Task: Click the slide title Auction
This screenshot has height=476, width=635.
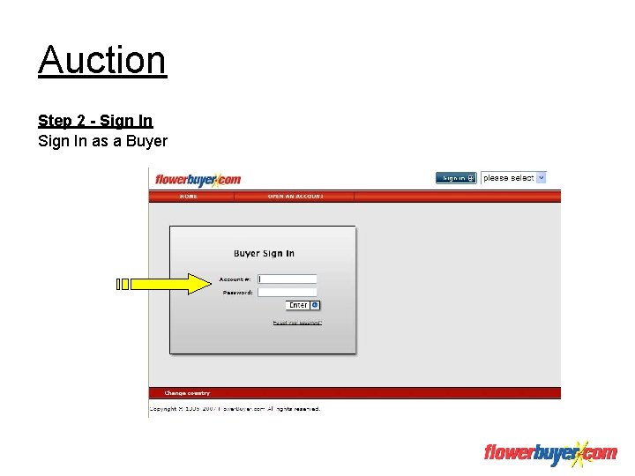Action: click(x=102, y=60)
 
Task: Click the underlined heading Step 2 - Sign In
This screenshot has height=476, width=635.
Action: click(x=95, y=121)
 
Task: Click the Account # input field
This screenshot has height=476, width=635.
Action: click(x=288, y=279)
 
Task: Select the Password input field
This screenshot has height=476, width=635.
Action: click(x=288, y=292)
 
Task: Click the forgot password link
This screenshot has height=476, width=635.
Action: click(x=297, y=324)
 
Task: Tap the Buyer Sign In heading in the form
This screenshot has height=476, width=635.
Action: click(x=264, y=254)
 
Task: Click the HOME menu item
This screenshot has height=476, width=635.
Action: click(x=189, y=197)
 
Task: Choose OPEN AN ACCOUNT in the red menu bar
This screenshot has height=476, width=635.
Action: click(x=295, y=197)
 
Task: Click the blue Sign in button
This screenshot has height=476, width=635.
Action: click(x=456, y=178)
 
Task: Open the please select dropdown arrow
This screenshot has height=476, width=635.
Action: click(x=542, y=177)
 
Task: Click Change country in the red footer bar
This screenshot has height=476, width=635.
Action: click(x=187, y=393)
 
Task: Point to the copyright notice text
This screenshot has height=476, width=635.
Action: click(x=235, y=409)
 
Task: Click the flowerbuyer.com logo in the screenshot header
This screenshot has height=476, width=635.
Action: click(x=198, y=180)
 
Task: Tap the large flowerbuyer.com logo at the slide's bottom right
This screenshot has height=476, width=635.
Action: click(x=550, y=453)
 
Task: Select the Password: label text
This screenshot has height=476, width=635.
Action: click(x=237, y=293)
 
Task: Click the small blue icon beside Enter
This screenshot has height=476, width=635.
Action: click(x=315, y=305)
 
